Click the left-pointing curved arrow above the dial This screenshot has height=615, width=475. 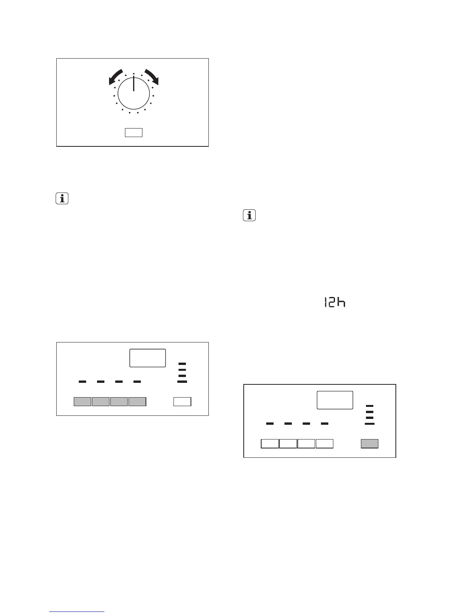[x=116, y=76]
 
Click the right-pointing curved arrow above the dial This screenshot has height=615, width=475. [x=152, y=76]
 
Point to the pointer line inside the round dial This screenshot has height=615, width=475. [x=133, y=84]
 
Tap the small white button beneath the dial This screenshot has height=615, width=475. [x=133, y=132]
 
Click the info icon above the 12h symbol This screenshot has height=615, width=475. [x=249, y=215]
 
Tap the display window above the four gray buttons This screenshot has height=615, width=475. [x=147, y=358]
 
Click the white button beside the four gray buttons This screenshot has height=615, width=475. [x=182, y=401]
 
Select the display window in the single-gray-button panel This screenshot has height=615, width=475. [x=335, y=400]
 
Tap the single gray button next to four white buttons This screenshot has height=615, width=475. [x=369, y=443]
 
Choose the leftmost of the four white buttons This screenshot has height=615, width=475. [x=270, y=443]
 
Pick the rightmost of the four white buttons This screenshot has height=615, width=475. [x=324, y=443]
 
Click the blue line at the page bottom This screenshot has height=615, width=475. [x=77, y=612]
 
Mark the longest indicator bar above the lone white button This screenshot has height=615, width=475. [x=182, y=382]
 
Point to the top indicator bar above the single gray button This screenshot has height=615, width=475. [x=369, y=406]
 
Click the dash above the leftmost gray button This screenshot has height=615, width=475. [x=82, y=382]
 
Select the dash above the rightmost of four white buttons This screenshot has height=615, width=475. [x=324, y=424]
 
